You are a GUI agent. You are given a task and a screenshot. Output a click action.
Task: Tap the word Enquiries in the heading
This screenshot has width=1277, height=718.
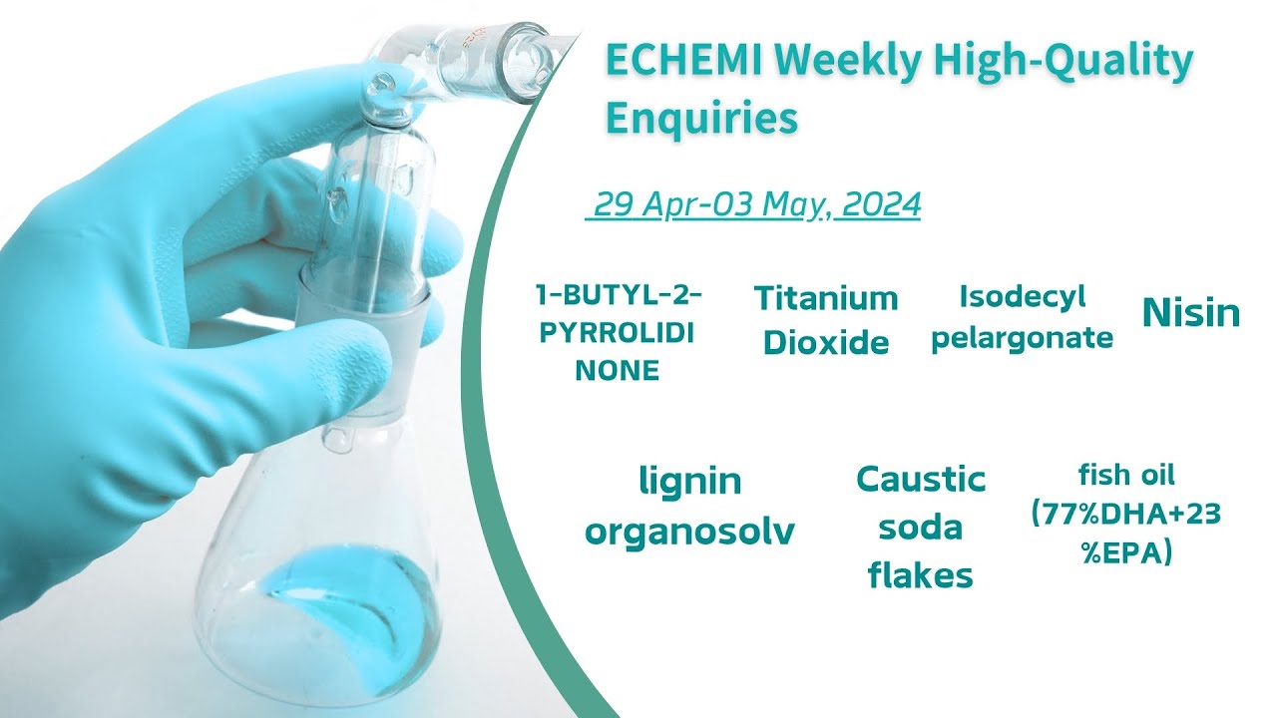[x=701, y=118]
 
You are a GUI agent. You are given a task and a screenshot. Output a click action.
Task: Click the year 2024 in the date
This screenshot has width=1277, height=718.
[x=881, y=204]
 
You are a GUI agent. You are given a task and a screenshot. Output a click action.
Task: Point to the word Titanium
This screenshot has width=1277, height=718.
[x=825, y=297]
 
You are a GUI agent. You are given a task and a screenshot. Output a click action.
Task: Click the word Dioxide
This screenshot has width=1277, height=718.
[x=825, y=342]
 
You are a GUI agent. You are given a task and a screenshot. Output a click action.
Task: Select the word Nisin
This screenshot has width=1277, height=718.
[x=1190, y=314]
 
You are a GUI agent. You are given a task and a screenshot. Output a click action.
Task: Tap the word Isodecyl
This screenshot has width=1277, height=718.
[x=1008, y=296]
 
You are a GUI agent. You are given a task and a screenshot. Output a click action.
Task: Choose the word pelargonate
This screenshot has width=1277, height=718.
[x=1022, y=337]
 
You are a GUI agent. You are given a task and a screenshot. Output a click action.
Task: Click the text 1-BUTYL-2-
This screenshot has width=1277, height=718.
[x=619, y=295]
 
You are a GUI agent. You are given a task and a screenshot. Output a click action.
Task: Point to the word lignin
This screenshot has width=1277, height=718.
[x=689, y=482]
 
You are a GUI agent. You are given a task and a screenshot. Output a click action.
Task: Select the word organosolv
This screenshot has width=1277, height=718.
[x=689, y=531]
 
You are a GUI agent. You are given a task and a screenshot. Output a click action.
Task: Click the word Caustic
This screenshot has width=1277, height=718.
[x=920, y=480]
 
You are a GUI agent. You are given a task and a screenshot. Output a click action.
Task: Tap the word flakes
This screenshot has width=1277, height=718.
[x=920, y=574]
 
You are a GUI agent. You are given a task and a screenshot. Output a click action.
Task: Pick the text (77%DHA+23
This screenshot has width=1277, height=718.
[x=1125, y=514]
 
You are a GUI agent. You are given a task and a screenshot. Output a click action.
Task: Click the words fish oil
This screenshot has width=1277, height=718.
[x=1125, y=474]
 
